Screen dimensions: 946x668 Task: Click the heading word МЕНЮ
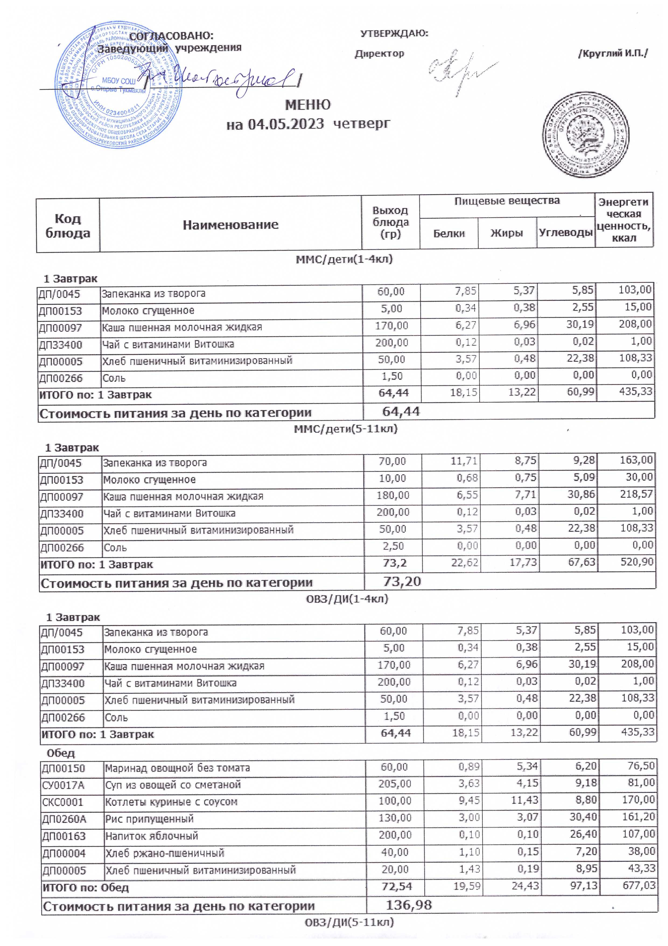[x=308, y=105]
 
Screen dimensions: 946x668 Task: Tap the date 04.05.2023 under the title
[x=285, y=124]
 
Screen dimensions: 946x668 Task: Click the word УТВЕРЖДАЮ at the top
[x=394, y=33]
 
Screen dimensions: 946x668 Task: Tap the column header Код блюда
[x=68, y=226]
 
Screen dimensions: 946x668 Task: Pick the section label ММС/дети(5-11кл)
[x=345, y=429]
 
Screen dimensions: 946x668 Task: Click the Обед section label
[x=61, y=753]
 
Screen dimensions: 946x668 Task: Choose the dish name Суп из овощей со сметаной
[x=173, y=784]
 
